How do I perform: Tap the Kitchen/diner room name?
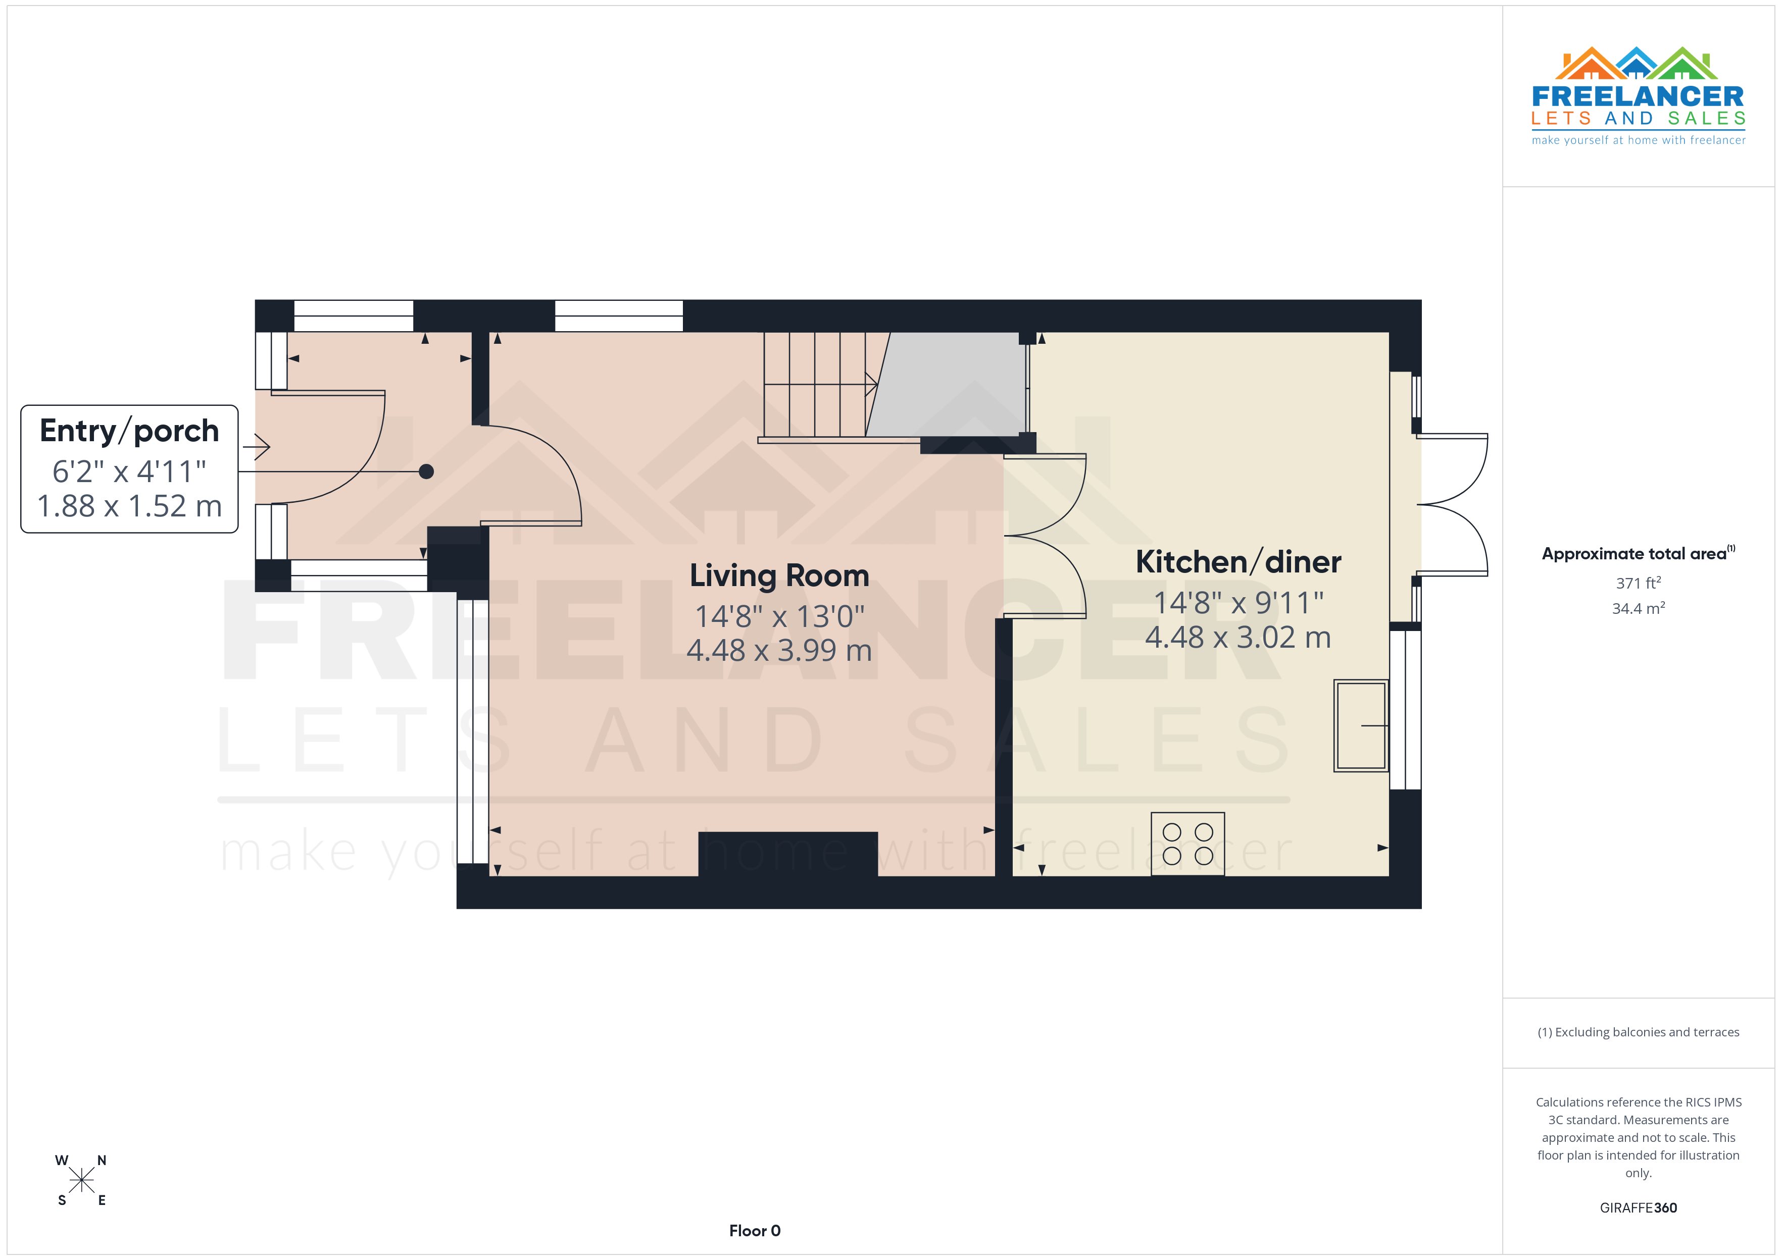pyautogui.click(x=1238, y=562)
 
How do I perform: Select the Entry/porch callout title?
pyautogui.click(x=129, y=431)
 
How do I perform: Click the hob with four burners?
pyautogui.click(x=1187, y=844)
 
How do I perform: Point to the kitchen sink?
pyautogui.click(x=1361, y=725)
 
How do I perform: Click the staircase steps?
pyautogui.click(x=815, y=384)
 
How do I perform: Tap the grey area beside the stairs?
pyautogui.click(x=951, y=384)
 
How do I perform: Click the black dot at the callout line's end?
pyautogui.click(x=426, y=471)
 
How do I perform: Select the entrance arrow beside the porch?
pyautogui.click(x=256, y=447)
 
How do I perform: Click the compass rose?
pyautogui.click(x=81, y=1181)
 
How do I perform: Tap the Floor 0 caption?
pyautogui.click(x=755, y=1231)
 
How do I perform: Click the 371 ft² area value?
pyautogui.click(x=1638, y=583)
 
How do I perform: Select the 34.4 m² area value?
pyautogui.click(x=1638, y=608)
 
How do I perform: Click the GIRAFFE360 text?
pyautogui.click(x=1638, y=1207)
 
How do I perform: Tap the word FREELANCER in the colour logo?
pyautogui.click(x=1638, y=97)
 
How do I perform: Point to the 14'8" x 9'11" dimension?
pyautogui.click(x=1238, y=603)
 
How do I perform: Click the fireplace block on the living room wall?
pyautogui.click(x=788, y=854)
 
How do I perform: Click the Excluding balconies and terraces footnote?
pyautogui.click(x=1638, y=1032)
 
